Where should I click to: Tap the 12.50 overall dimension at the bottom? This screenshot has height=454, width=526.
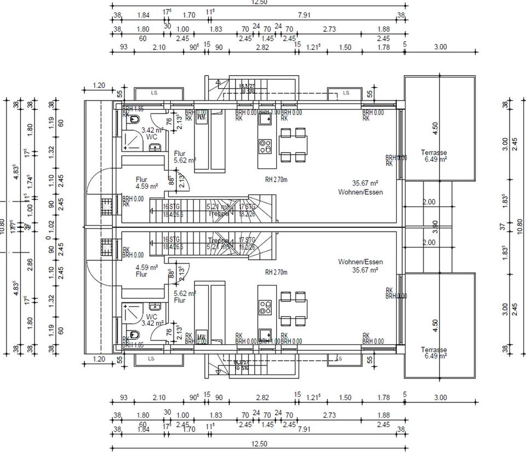click(x=259, y=444)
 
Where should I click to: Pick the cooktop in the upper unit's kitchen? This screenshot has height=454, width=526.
click(x=265, y=146)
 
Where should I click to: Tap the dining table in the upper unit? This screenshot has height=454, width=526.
click(x=293, y=145)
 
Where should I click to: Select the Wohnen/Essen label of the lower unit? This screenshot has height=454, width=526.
click(x=361, y=262)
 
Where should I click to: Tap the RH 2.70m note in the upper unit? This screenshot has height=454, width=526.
click(x=277, y=178)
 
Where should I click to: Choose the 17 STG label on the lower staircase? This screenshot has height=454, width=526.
click(x=248, y=240)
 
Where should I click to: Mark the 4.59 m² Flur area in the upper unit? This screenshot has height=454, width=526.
click(x=146, y=186)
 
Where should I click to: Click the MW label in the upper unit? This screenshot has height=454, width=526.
click(x=201, y=116)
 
